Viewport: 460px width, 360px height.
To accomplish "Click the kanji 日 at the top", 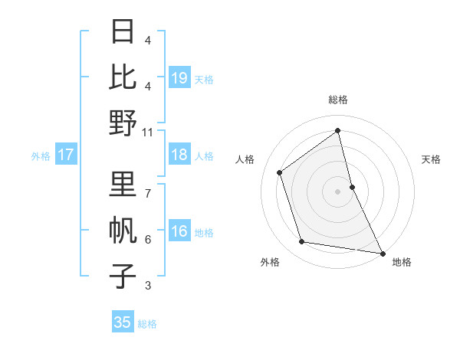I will (x=123, y=32).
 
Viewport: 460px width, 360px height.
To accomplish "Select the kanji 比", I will (x=123, y=77).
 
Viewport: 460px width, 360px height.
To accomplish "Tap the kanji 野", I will (x=123, y=123).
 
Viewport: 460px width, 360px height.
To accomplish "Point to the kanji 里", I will (x=123, y=184).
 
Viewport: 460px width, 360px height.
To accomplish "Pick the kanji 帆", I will (x=123, y=230).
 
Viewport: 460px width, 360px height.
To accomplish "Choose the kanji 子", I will (x=123, y=276).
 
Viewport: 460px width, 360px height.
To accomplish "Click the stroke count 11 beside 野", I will (x=148, y=132).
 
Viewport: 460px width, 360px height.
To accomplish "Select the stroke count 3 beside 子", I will (x=148, y=286).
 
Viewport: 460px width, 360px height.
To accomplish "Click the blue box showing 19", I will (x=179, y=77).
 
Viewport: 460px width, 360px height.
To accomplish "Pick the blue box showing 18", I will (x=179, y=155).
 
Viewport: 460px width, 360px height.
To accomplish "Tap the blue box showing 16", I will (x=179, y=232).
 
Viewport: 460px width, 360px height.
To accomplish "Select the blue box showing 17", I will (x=66, y=155).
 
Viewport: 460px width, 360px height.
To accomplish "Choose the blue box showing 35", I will (x=123, y=322).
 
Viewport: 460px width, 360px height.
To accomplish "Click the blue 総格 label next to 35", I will (x=147, y=324).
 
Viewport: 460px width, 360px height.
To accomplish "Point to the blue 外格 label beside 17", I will (x=41, y=156).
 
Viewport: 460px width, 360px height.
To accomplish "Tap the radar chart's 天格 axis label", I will (x=431, y=159).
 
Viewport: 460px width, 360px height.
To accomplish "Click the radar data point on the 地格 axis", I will (x=382, y=254).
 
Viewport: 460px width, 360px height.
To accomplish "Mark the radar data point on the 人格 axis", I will (x=280, y=172).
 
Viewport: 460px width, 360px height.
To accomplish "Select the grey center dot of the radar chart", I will (x=337, y=191).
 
